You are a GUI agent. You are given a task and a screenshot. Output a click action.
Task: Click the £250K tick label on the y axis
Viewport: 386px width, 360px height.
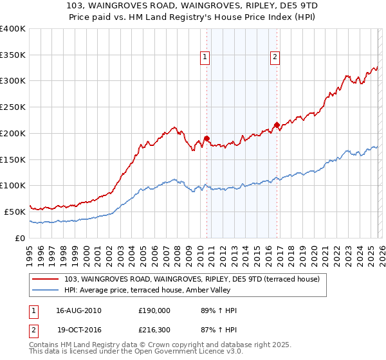pos(13,107)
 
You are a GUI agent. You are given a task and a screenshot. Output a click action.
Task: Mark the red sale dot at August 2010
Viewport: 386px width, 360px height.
pos(207,138)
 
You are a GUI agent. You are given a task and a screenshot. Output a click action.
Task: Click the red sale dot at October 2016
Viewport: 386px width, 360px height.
pos(277,125)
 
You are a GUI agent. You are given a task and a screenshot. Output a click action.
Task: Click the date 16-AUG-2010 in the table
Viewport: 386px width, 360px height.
pos(78,310)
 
